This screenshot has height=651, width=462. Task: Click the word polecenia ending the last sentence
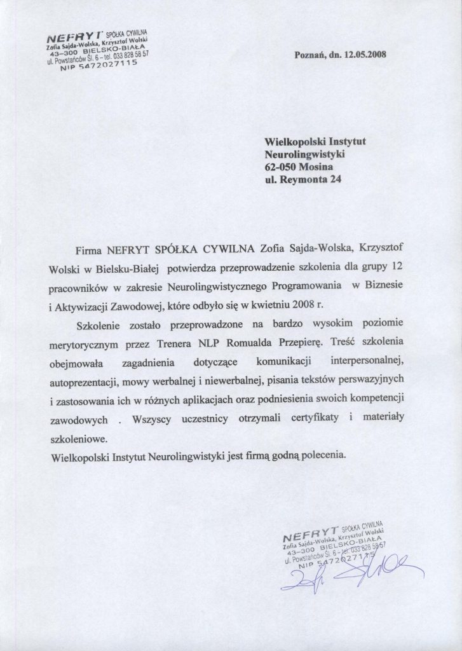pyautogui.click(x=322, y=457)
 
